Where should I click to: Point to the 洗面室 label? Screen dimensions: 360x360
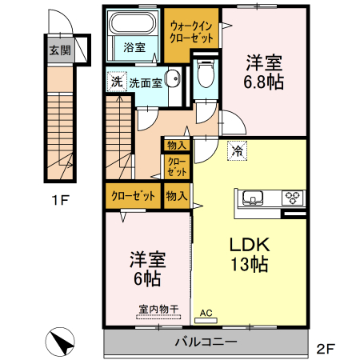pyautogui.click(x=146, y=82)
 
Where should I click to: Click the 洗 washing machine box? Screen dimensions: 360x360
pyautogui.click(x=116, y=81)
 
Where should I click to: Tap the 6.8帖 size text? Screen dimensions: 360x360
pyautogui.click(x=265, y=81)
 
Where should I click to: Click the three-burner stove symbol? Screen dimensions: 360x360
pyautogui.click(x=292, y=197)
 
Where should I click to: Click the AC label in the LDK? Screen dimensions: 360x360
pyautogui.click(x=206, y=313)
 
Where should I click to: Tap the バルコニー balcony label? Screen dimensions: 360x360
pyautogui.click(x=206, y=342)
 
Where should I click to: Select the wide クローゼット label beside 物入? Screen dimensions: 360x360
pyautogui.click(x=132, y=194)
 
